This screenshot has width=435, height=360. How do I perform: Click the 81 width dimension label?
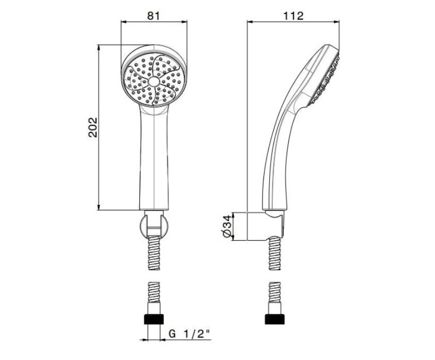click(x=153, y=16)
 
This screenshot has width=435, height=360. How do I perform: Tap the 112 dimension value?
click(x=293, y=16)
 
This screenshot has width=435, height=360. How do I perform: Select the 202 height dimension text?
click(x=93, y=127)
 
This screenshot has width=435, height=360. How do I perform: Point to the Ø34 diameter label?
click(x=227, y=226)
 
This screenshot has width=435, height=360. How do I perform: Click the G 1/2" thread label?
click(x=190, y=334)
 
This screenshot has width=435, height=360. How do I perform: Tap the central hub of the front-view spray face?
click(x=154, y=82)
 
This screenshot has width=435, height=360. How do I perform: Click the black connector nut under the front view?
click(x=154, y=319)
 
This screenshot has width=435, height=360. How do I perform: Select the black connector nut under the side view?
click(x=275, y=319)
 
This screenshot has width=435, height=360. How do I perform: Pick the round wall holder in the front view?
click(x=153, y=226)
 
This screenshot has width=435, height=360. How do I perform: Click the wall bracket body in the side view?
click(x=265, y=227)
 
